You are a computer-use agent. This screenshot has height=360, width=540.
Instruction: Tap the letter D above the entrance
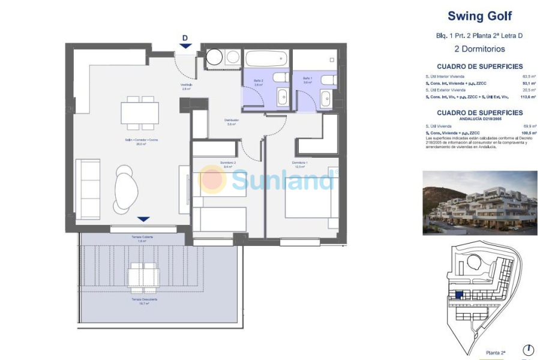[185, 38]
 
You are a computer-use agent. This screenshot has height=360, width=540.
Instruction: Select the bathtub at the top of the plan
[267, 59]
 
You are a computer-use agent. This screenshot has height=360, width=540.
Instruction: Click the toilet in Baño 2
[280, 77]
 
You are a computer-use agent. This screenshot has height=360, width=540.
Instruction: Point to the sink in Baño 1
[326, 99]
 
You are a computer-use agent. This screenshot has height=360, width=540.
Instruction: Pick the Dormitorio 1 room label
[300, 163]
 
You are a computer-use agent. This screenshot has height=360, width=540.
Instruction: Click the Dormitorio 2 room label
[227, 163]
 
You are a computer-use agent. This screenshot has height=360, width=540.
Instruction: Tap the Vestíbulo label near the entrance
[187, 85]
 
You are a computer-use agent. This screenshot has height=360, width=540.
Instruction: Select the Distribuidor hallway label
[232, 121]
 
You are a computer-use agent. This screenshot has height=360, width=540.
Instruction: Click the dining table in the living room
[140, 112]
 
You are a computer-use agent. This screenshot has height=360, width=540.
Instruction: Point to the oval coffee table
[126, 190]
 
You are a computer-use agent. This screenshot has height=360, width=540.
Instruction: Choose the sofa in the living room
[88, 190]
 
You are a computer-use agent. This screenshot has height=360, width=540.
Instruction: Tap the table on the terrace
[144, 277]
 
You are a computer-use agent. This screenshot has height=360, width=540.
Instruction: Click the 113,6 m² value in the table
[527, 96]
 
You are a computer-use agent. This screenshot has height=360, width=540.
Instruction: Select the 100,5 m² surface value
[527, 133]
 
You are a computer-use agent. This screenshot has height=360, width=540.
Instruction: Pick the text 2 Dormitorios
[479, 49]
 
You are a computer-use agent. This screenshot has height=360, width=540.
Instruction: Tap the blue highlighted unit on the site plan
[459, 295]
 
